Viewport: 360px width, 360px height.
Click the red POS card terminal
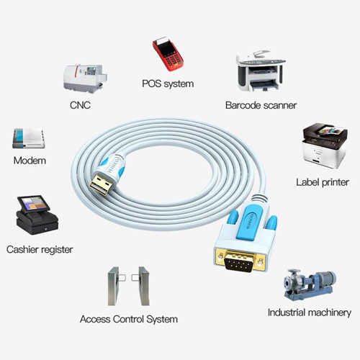click(168, 54)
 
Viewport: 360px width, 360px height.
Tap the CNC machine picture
click(85, 78)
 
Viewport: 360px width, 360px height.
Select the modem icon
click(29, 138)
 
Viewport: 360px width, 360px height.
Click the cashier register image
click(37, 215)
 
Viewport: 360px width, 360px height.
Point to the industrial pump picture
click(310, 284)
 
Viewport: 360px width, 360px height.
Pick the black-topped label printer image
click(325, 145)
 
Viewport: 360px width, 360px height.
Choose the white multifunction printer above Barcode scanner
click(261, 71)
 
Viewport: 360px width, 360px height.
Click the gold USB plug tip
click(102, 185)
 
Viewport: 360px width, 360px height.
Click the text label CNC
click(80, 105)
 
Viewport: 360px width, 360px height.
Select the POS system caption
click(168, 84)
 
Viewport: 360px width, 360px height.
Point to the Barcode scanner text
click(261, 105)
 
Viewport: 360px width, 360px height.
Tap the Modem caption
click(30, 161)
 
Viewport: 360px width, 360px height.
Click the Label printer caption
click(323, 182)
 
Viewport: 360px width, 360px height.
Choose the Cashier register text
click(40, 250)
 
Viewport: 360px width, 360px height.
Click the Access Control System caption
click(129, 319)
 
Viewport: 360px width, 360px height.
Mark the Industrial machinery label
click(310, 312)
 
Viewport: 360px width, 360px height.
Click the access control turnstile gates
click(129, 286)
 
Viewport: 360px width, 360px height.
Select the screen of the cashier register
click(33, 203)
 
